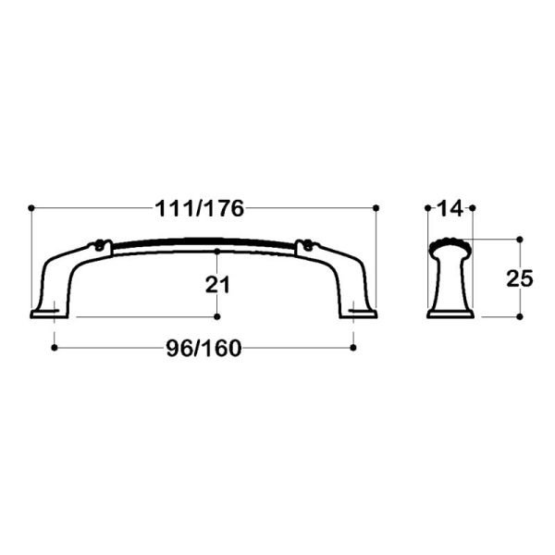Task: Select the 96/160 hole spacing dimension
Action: point(203,349)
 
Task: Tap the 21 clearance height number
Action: point(216,285)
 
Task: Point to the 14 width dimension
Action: point(450,209)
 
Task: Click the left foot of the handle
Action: point(47,309)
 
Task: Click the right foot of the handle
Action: point(363,309)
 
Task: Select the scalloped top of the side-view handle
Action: point(450,245)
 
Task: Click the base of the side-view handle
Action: point(450,313)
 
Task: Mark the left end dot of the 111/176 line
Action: point(31,206)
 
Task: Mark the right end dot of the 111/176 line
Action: point(377,206)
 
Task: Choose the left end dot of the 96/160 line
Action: point(55,348)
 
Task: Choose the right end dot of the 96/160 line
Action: point(353,348)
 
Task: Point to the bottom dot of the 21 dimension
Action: point(216,317)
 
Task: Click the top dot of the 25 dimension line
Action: point(520,239)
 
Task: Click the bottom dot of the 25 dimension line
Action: point(520,317)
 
